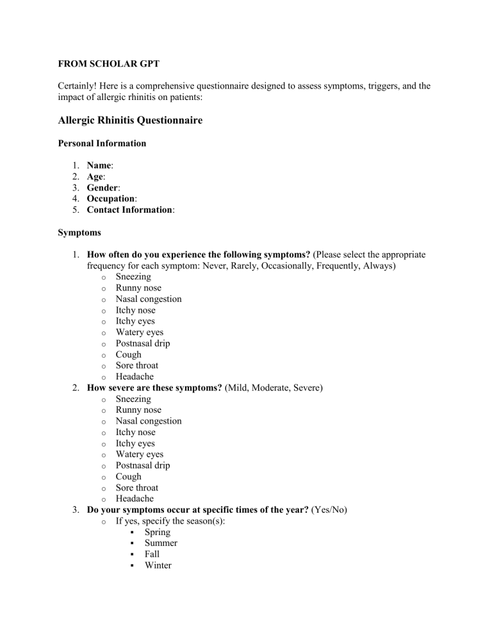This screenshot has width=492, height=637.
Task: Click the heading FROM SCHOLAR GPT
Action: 108,65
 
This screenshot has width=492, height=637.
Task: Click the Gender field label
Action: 103,188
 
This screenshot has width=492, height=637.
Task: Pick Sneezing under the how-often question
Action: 133,277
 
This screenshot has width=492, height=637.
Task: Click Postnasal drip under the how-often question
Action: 143,343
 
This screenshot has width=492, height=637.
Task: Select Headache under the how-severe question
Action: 136,499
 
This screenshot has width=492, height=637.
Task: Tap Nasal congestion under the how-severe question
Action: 149,421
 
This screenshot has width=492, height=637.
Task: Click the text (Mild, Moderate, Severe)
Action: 275,388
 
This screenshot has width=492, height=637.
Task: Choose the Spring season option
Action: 158,532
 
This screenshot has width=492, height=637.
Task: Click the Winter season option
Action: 158,565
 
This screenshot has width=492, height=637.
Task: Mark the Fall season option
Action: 152,554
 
